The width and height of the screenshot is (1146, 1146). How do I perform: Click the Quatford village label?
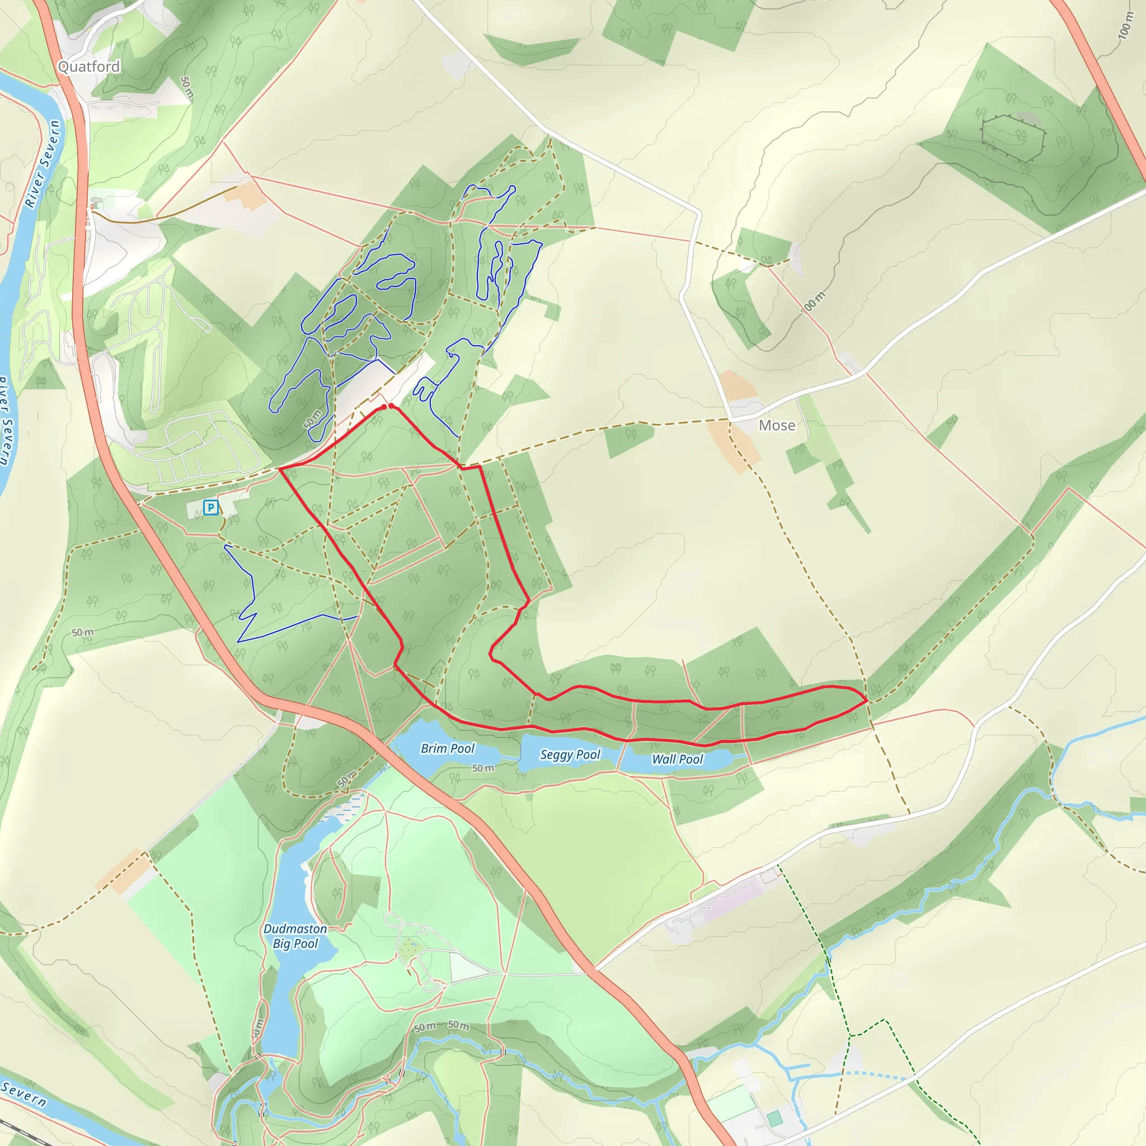pyautogui.click(x=89, y=67)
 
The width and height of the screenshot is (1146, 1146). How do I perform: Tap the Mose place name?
pyautogui.click(x=777, y=425)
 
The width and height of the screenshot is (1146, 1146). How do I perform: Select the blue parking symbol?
pyautogui.click(x=210, y=507)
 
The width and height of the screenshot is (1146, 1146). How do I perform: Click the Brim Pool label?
pyautogui.click(x=447, y=749)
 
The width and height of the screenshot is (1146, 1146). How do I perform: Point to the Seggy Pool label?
pyautogui.click(x=570, y=754)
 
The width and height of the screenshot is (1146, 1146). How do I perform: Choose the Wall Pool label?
pyautogui.click(x=677, y=759)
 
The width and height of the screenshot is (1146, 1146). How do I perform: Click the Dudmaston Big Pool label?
pyautogui.click(x=295, y=936)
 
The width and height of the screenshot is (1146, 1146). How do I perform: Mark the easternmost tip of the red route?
pyautogui.click(x=867, y=701)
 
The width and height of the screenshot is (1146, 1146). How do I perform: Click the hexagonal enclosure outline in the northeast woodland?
pyautogui.click(x=1012, y=138)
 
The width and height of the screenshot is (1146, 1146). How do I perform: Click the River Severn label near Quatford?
pyautogui.click(x=43, y=163)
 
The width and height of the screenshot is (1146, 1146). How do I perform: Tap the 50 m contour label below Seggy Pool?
pyautogui.click(x=483, y=768)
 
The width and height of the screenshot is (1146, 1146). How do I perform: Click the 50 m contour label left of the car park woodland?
pyautogui.click(x=82, y=632)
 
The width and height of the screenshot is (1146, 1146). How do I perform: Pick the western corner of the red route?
pyautogui.click(x=279, y=468)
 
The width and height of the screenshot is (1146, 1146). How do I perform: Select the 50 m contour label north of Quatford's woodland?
pyautogui.click(x=186, y=87)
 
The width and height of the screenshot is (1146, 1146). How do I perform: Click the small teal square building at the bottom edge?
pyautogui.click(x=774, y=1119)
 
